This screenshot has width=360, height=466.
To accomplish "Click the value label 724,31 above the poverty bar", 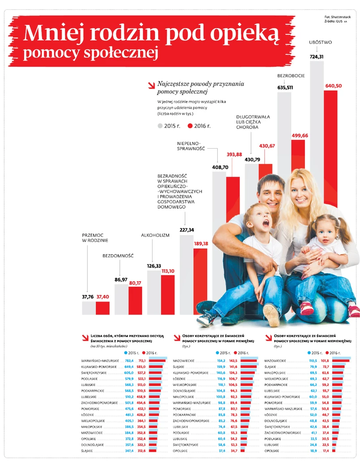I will [x=320, y=56].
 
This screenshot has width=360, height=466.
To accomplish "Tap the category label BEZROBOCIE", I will [x=291, y=76].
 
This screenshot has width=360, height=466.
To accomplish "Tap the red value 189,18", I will [x=200, y=244].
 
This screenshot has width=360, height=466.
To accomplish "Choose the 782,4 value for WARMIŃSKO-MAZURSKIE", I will [x=129, y=360].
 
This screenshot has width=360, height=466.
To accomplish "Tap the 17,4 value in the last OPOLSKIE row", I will [x=326, y=451].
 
